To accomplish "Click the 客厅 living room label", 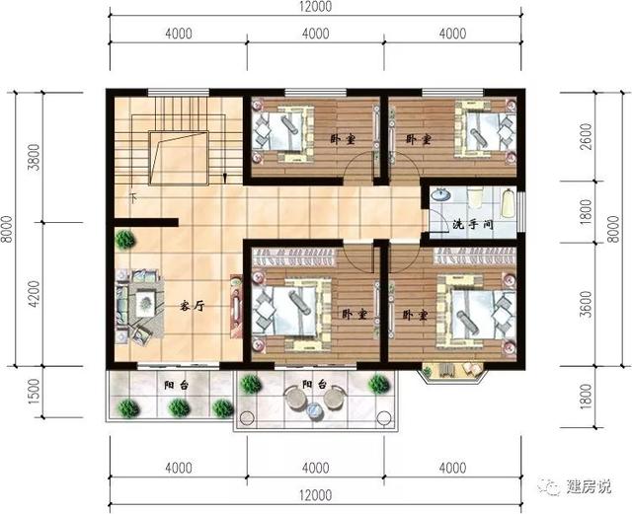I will [192, 306].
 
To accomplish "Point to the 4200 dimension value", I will [34, 294].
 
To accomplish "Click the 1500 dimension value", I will [34, 392].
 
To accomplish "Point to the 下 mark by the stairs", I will [132, 197].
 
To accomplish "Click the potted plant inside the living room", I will [125, 238].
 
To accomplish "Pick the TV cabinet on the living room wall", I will [235, 308].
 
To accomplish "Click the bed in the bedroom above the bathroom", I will [480, 131].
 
